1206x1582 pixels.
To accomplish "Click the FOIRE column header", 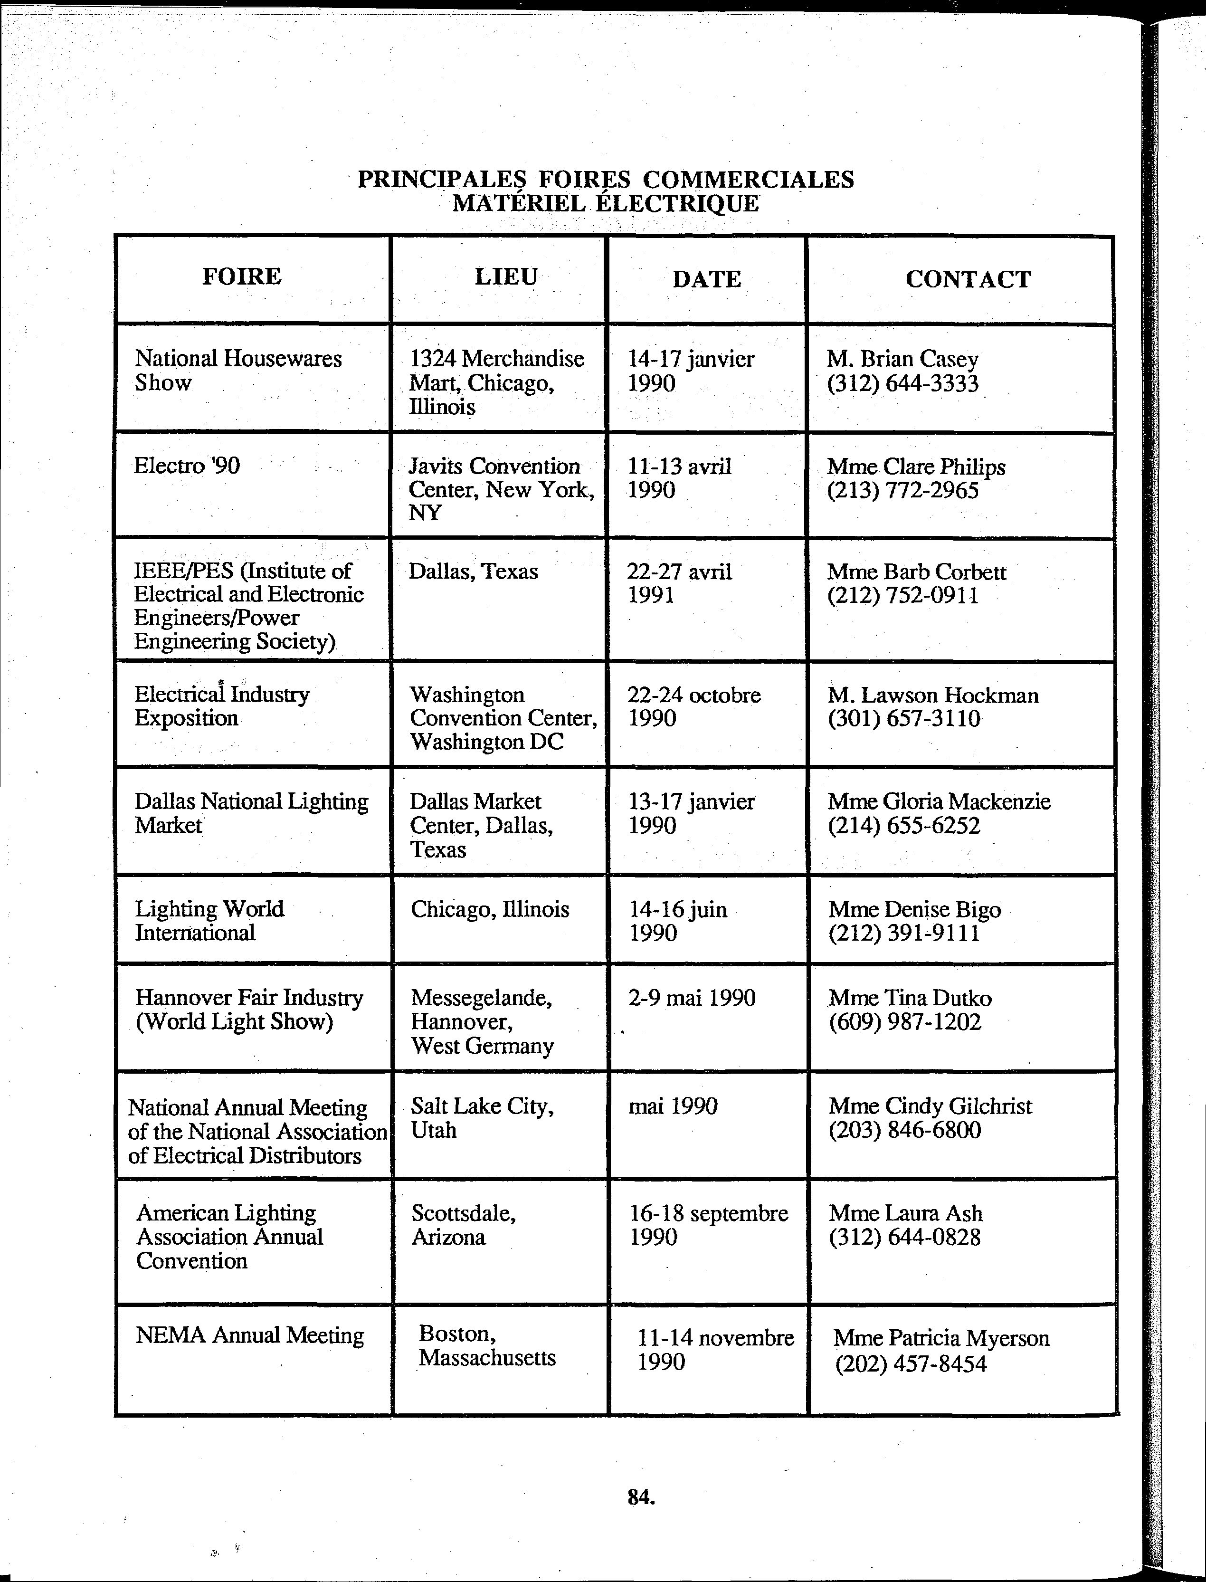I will tap(241, 276).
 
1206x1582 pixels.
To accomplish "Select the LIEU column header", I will tap(505, 276).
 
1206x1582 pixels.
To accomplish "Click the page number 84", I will tap(640, 1496).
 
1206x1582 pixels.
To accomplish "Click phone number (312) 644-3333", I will tap(902, 383).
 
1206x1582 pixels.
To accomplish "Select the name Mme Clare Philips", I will tap(916, 467).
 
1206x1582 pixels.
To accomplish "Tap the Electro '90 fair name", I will tap(187, 466).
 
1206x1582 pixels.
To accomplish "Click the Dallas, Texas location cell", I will tap(473, 572).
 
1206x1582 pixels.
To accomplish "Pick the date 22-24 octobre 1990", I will tap(693, 706).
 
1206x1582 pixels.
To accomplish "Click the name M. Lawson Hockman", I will tap(932, 695).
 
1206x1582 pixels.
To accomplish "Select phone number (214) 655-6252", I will tap(904, 826).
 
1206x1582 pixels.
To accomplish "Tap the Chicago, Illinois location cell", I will tap(490, 909).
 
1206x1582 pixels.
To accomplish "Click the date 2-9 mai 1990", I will tap(691, 998).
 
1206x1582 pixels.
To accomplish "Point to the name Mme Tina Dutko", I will tap(910, 998).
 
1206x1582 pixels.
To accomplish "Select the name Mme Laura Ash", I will tap(905, 1213).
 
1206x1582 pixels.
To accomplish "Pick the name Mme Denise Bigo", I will tap(914, 909).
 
